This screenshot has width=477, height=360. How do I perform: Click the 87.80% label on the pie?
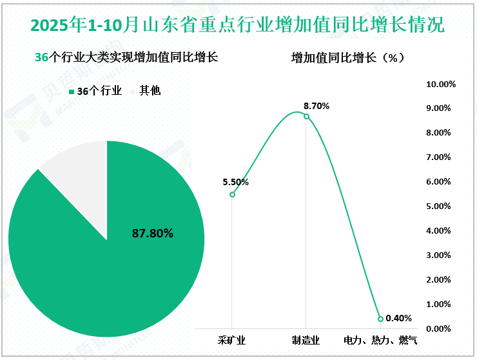coord(153,234)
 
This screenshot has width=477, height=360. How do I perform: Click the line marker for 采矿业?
coord(232,194)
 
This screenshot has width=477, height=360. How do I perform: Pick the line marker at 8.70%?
coord(306,116)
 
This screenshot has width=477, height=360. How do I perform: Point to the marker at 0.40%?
coord(380,319)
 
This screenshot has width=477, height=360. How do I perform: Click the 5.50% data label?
coord(235,182)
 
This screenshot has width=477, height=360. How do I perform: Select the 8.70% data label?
coord(316,105)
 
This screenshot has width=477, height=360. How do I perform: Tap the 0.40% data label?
coord(398,318)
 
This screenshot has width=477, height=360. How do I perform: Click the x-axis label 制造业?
coord(306,340)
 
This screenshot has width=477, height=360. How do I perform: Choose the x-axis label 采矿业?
coord(232,340)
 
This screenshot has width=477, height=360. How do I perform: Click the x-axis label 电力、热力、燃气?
coord(380,340)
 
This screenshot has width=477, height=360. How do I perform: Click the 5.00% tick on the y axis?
coord(443,206)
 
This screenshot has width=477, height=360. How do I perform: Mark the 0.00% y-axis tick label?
coord(443,329)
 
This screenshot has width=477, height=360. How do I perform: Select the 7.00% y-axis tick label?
coord(443,157)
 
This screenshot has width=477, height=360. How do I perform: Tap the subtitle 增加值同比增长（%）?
coord(347,57)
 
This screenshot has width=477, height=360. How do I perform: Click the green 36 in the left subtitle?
coord(41,57)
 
